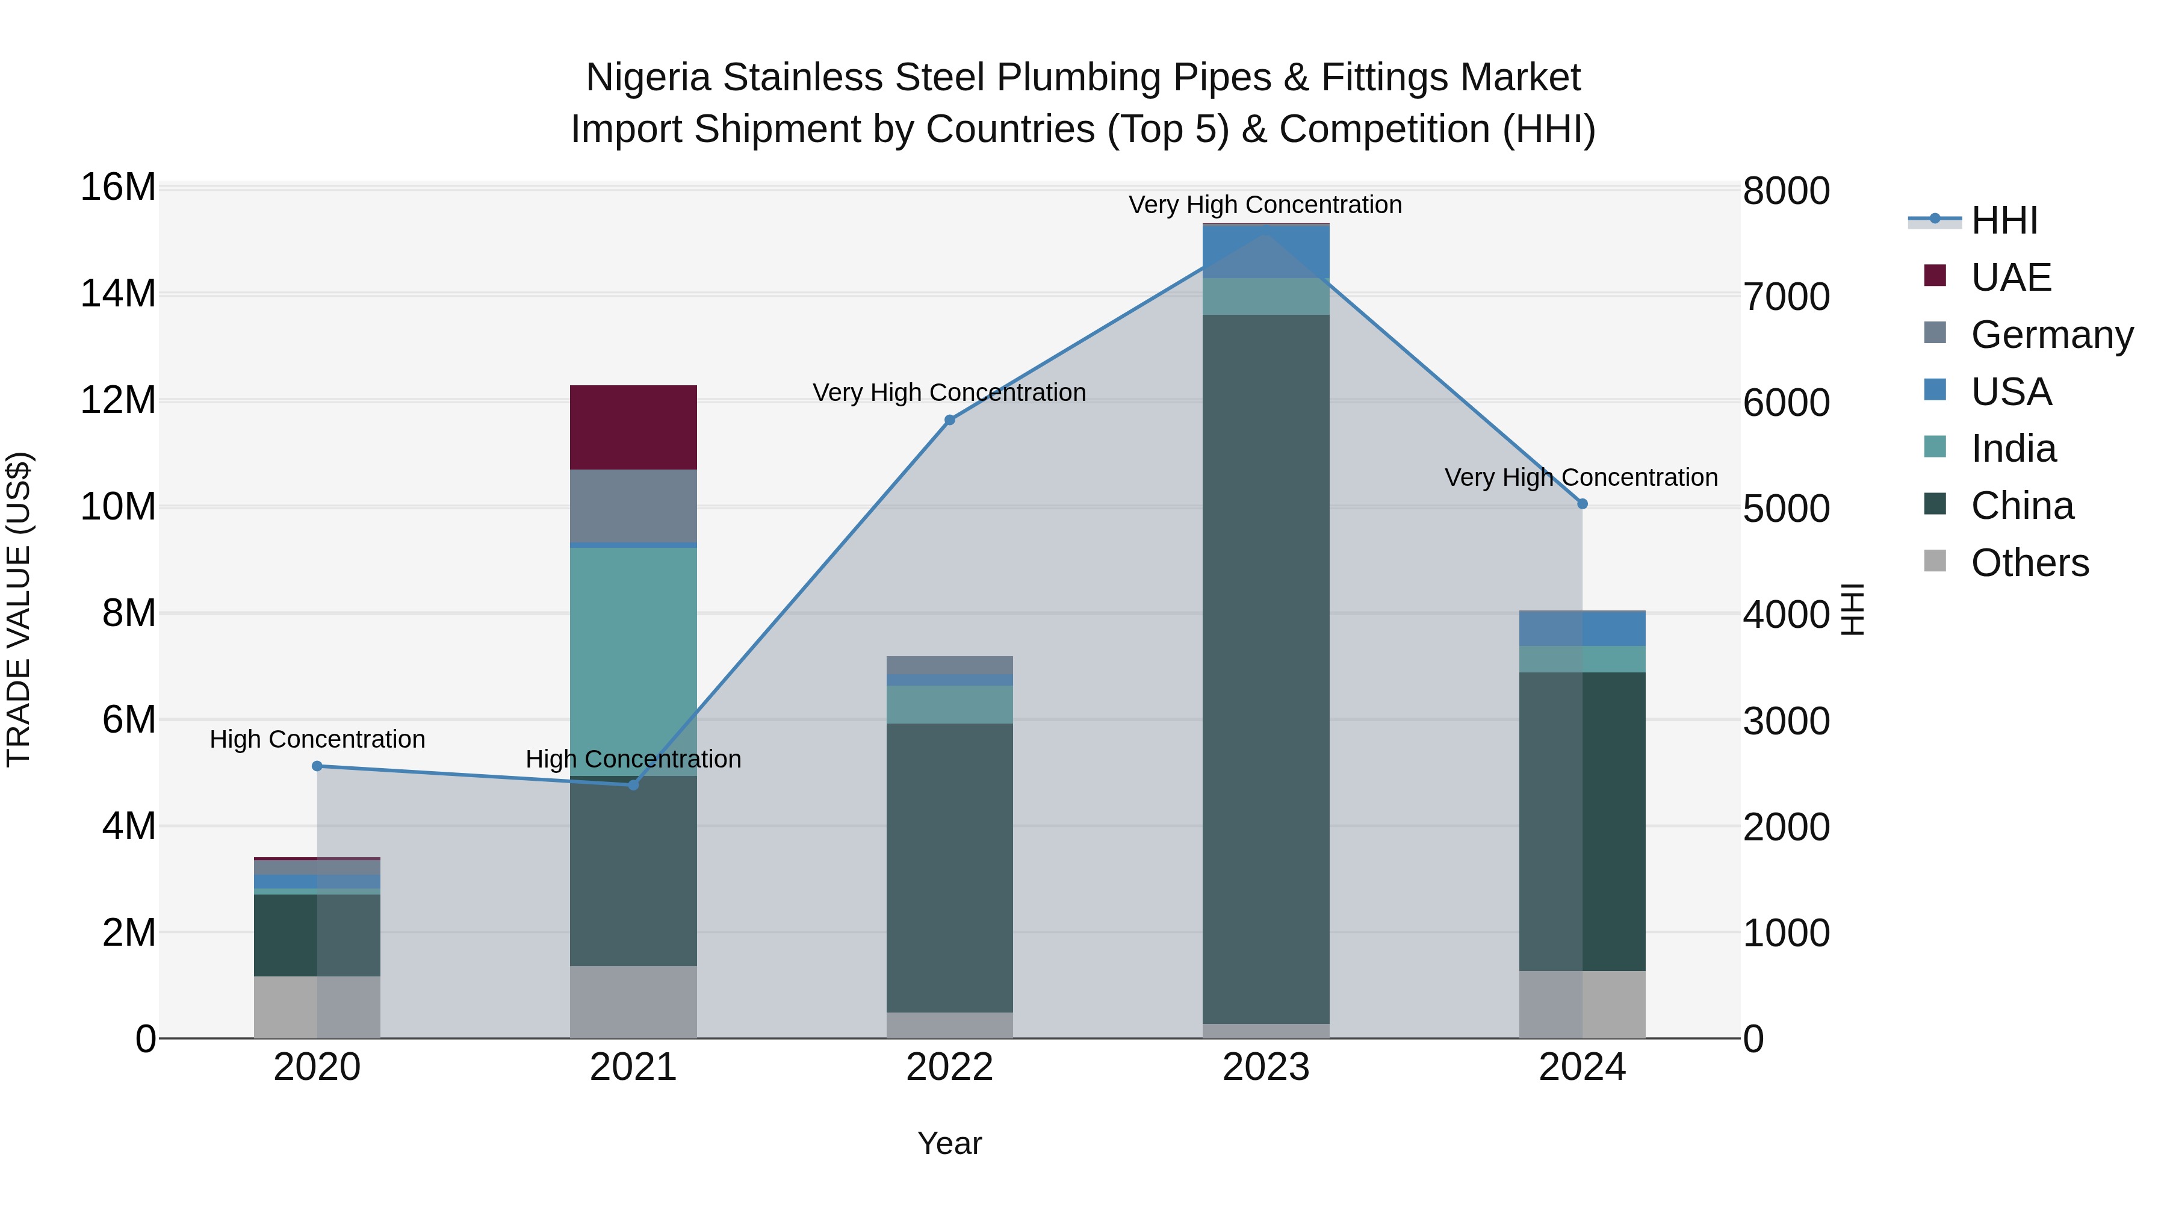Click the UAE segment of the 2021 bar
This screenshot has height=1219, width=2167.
(x=633, y=427)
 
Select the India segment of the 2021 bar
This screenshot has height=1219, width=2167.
(x=633, y=660)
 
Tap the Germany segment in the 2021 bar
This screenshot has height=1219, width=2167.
(x=633, y=506)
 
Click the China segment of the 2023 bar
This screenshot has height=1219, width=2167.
(x=1265, y=669)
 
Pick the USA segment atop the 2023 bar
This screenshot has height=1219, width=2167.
(x=1265, y=250)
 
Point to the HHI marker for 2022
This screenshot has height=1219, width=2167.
(x=950, y=420)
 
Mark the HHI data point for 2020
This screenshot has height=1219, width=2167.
(x=317, y=766)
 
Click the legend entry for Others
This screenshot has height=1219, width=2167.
(x=2029, y=563)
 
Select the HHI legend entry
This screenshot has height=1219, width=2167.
(x=2004, y=220)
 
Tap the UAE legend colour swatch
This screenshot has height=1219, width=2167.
(x=1935, y=276)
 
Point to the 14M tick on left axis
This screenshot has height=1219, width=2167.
(x=118, y=294)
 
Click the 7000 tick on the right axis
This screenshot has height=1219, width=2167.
(x=1785, y=297)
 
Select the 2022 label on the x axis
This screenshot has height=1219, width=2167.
(x=950, y=1067)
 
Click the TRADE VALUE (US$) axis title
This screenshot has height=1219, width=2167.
(x=19, y=609)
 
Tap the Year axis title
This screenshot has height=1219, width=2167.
(x=950, y=1143)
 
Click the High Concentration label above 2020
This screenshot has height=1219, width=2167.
(x=317, y=739)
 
